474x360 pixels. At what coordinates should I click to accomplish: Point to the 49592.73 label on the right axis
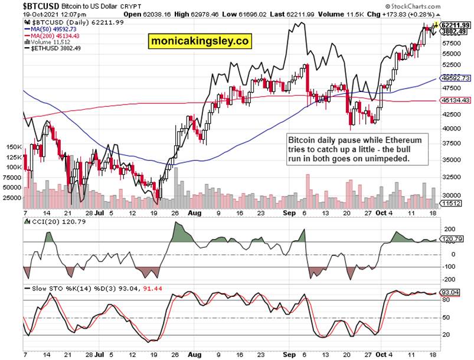coord(455,78)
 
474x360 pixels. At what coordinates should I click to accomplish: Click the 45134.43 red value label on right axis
coord(455,100)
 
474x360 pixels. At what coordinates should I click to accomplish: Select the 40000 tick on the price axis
coord(452,129)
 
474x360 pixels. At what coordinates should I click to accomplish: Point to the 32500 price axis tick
coord(452,176)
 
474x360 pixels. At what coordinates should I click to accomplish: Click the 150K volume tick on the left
coord(14,147)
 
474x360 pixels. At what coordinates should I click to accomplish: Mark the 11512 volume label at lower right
coord(452,202)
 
